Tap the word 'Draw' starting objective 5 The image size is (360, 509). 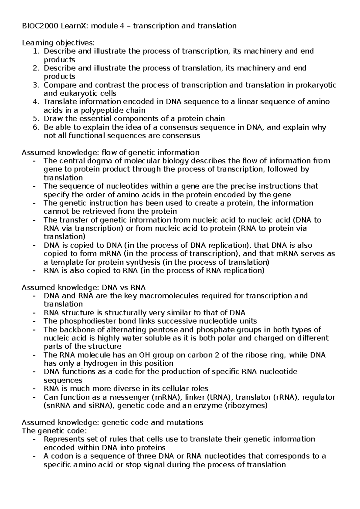(52, 119)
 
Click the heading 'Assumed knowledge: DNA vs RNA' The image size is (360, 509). (84, 287)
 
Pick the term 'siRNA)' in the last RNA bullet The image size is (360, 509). (101, 406)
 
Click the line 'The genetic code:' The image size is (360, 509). (54, 431)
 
